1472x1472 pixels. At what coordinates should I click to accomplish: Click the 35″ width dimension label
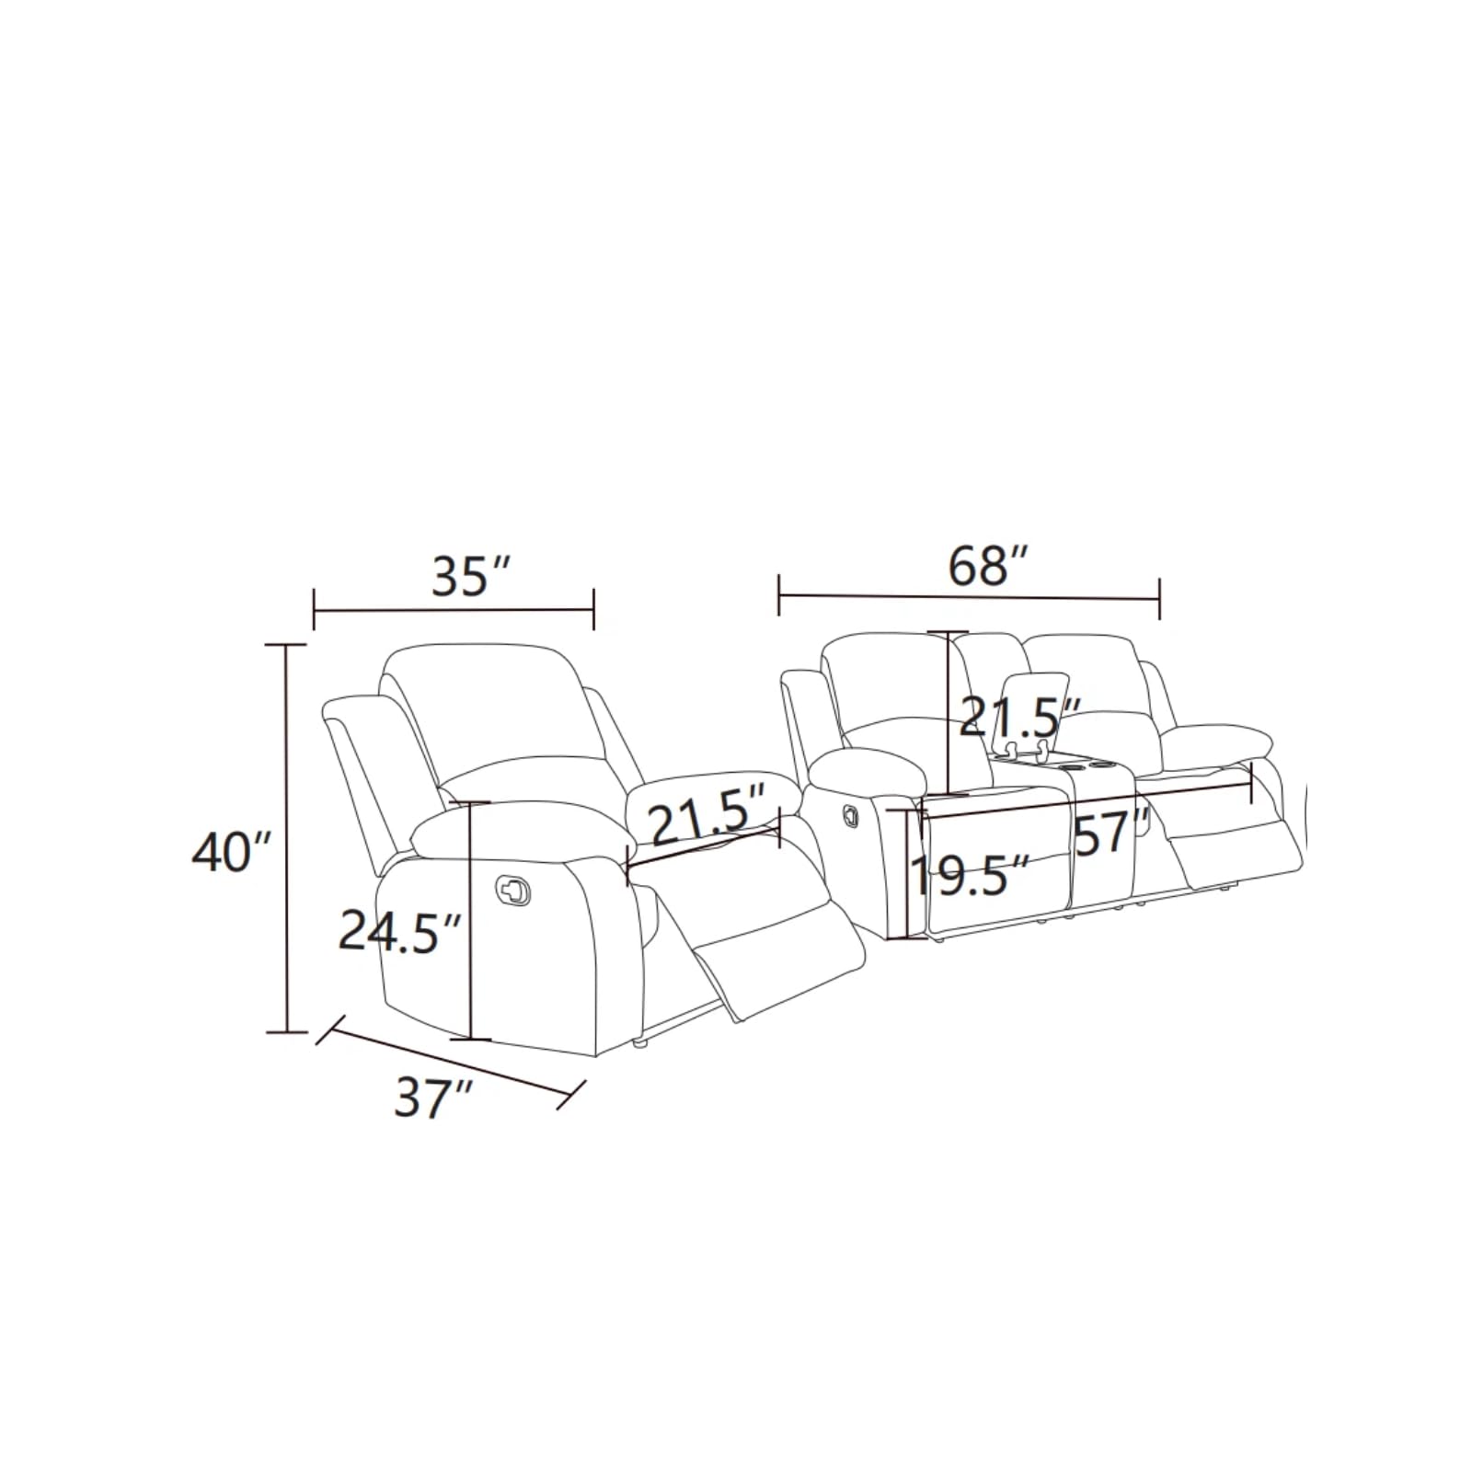(x=470, y=577)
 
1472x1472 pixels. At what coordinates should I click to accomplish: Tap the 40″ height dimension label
(x=232, y=853)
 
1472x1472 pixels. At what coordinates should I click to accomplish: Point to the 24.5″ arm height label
(x=398, y=931)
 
